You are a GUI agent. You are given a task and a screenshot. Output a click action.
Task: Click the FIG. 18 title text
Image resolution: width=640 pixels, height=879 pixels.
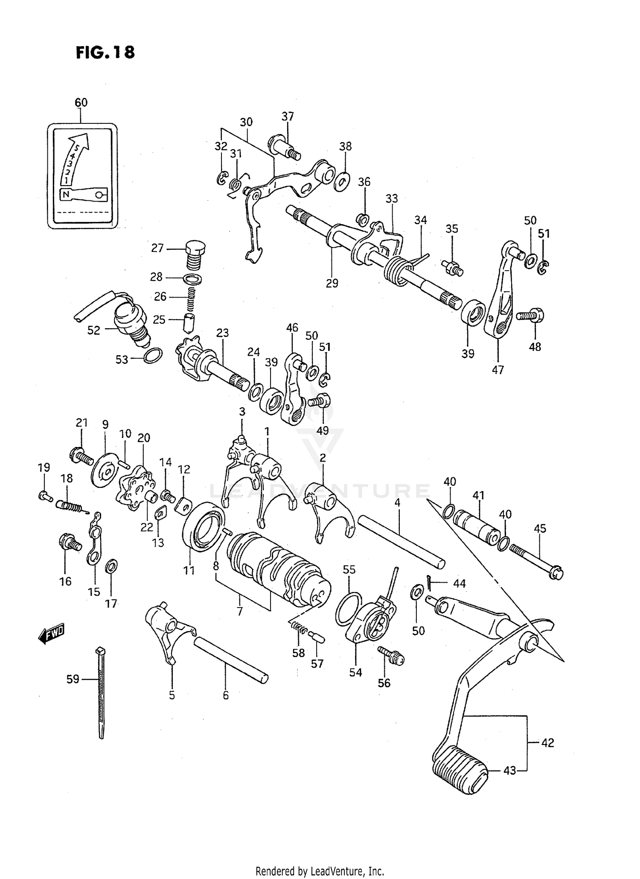tap(105, 53)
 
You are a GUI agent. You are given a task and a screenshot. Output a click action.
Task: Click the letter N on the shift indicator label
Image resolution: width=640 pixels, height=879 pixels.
tap(65, 195)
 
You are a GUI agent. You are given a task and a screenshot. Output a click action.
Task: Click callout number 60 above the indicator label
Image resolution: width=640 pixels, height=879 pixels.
tap(81, 102)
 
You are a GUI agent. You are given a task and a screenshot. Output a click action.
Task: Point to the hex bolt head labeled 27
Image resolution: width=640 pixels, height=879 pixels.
tap(195, 247)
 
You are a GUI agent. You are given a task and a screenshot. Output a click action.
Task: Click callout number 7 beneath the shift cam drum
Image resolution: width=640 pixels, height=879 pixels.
tap(240, 611)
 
